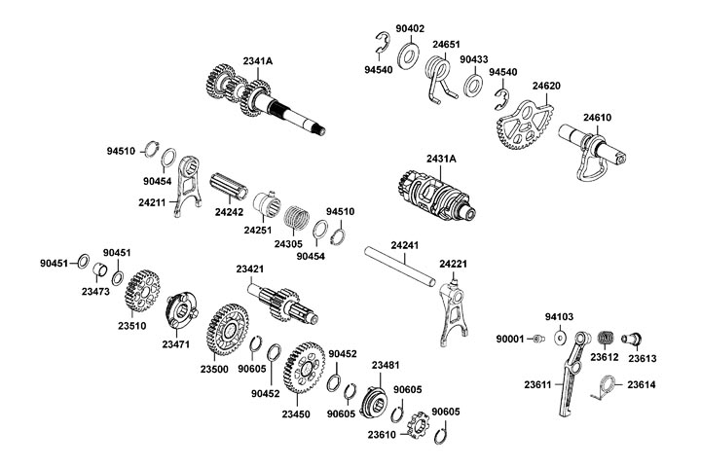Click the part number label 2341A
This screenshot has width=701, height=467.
[x=258, y=61]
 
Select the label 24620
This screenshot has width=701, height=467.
[x=545, y=86]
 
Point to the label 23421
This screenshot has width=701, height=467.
[x=250, y=268]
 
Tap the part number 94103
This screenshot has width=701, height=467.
[x=559, y=317]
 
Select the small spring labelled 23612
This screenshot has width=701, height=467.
[x=603, y=337]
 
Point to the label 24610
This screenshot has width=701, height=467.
[x=598, y=118]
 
